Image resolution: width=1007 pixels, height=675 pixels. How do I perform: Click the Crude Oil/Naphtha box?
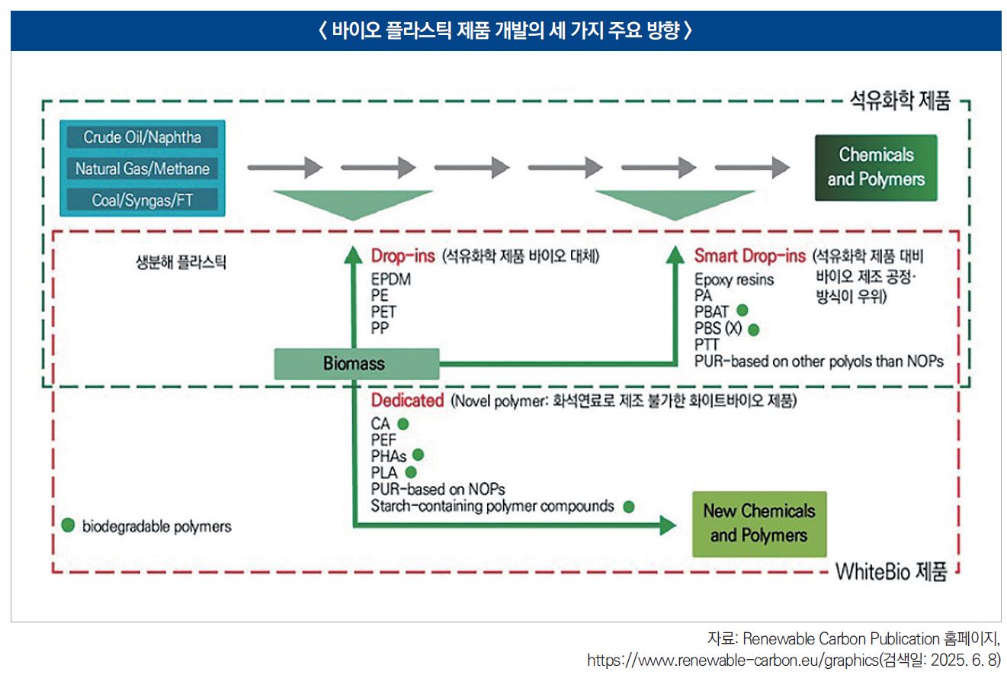point(143,137)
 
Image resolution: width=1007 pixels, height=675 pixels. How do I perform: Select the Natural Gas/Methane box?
point(143,169)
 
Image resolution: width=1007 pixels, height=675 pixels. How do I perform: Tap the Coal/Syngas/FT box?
point(143,200)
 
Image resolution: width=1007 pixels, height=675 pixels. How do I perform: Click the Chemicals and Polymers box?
point(875,167)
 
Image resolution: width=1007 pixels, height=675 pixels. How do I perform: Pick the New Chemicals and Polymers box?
point(758,523)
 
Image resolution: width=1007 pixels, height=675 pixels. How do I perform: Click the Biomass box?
point(356,364)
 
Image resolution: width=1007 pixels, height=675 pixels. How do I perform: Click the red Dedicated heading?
point(407,400)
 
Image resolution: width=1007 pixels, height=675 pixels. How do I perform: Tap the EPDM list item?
point(391,280)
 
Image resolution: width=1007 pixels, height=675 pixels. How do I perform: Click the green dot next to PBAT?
point(742,310)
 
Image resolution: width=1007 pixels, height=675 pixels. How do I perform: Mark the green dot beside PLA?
point(412,472)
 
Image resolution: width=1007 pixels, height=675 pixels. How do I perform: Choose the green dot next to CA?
point(403,423)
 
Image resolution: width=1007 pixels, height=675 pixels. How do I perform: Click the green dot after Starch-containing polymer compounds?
point(628,506)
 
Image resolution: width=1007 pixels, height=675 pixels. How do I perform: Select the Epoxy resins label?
point(733,280)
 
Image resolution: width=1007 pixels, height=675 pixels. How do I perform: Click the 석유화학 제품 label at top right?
point(900,102)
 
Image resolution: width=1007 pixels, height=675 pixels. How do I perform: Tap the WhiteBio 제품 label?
point(891,572)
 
